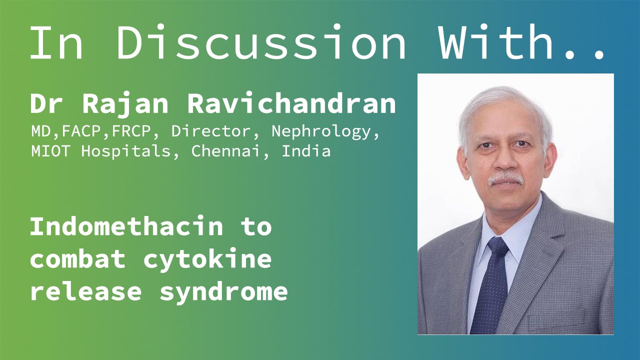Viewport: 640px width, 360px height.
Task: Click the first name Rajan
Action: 125,104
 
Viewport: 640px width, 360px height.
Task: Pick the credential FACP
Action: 81,131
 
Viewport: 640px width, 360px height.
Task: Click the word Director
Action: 211,131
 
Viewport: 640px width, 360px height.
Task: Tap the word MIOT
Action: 50,151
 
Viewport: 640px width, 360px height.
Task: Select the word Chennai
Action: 225,151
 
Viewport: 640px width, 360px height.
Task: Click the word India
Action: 306,151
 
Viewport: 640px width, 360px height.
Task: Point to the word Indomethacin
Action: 126,226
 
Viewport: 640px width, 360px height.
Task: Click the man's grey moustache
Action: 505,178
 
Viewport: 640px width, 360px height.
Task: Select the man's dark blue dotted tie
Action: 492,285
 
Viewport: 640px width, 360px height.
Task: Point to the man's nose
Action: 505,159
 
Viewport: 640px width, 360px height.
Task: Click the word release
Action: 85,291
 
